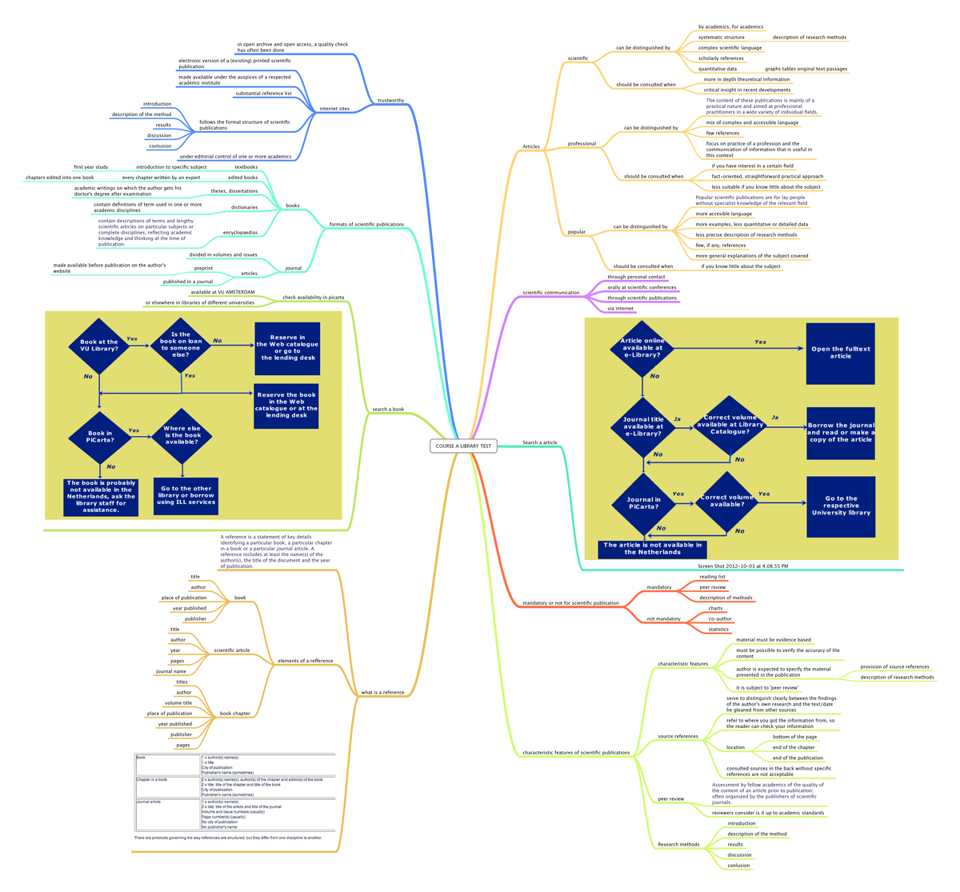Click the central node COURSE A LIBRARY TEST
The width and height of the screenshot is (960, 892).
point(463,446)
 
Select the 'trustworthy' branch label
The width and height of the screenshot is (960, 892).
point(390,101)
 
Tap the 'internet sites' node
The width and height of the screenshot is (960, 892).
point(334,108)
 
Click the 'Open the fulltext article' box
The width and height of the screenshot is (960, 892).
point(840,353)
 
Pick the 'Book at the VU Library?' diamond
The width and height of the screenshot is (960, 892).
point(99,346)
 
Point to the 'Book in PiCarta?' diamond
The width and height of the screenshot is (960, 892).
point(100,437)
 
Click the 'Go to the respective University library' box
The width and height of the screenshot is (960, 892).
point(840,505)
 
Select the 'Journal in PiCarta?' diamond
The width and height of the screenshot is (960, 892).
point(642,503)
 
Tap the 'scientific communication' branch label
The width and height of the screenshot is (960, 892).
point(550,293)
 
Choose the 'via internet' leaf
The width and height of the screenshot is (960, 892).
point(621,308)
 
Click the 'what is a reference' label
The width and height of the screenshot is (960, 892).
point(382,692)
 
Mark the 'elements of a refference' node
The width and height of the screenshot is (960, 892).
point(305,661)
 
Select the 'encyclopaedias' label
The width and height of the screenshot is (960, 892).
point(241,233)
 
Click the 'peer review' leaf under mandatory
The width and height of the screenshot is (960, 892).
point(713,587)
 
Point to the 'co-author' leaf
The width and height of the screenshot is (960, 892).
point(720,618)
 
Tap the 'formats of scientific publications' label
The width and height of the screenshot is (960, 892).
point(366,225)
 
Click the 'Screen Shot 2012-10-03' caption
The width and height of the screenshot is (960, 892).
point(742,566)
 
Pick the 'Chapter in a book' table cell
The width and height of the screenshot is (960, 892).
point(152,779)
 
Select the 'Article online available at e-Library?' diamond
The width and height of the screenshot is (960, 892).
point(642,348)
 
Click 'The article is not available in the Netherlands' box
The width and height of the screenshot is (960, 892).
point(653,549)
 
